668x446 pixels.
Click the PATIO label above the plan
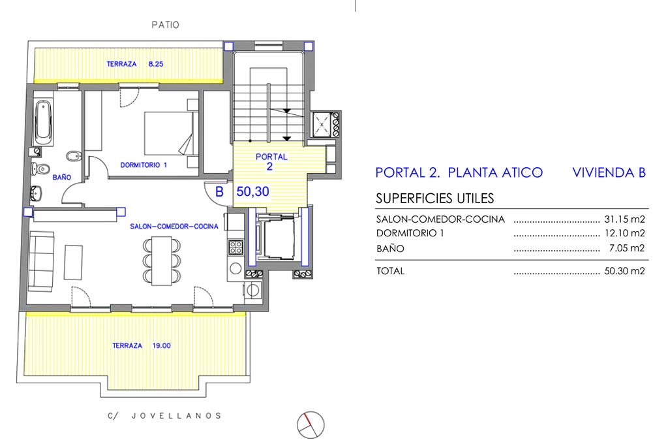[165, 25]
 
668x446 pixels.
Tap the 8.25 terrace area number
[156, 64]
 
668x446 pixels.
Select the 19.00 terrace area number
[162, 345]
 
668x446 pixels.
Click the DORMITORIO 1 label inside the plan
[144, 165]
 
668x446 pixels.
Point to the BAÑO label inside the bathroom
[62, 177]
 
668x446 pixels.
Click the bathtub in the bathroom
[44, 122]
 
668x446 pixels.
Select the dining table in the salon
[162, 261]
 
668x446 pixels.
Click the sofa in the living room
[41, 261]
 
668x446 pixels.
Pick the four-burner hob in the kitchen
[235, 247]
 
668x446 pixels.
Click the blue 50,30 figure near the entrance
[252, 191]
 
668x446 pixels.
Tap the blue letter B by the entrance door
[219, 192]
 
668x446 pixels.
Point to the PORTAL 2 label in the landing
[271, 161]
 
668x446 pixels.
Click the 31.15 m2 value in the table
[624, 219]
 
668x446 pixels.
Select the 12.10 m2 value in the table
[624, 233]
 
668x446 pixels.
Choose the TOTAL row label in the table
[390, 271]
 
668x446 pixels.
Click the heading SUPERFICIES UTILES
[435, 199]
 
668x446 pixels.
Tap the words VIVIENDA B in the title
[609, 172]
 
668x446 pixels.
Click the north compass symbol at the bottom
[311, 424]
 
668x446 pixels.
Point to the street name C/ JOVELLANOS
[164, 416]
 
